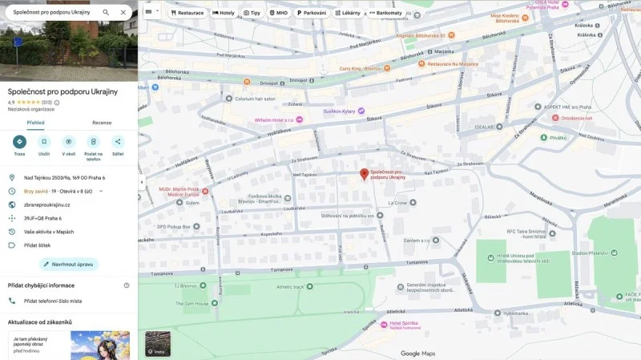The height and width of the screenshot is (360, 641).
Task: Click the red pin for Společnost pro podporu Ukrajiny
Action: click(x=364, y=174)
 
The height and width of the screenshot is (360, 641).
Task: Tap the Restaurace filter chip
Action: click(x=187, y=13)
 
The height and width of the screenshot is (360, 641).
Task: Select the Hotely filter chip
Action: click(x=224, y=13)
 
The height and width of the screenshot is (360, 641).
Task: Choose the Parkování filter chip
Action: click(x=312, y=13)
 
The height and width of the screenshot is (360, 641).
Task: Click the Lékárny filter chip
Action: click(x=349, y=13)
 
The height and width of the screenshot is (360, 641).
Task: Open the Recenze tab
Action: click(x=102, y=123)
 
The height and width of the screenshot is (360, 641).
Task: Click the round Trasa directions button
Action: click(x=19, y=142)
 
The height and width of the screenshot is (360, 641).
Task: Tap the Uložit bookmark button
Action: click(x=44, y=142)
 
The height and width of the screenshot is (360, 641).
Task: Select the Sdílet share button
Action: click(x=118, y=142)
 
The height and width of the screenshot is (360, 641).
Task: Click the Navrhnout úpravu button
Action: click(x=68, y=264)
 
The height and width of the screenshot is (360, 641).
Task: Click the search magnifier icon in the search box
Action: click(x=106, y=13)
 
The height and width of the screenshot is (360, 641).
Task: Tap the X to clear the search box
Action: click(x=123, y=13)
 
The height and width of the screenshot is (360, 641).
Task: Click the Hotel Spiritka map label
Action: click(x=406, y=323)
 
